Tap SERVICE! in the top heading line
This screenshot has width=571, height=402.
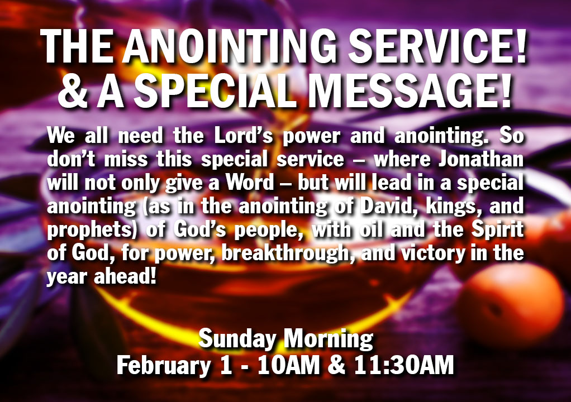437,46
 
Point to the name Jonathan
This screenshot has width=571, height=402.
481,159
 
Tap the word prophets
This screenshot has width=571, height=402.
91,230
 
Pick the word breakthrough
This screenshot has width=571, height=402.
285,253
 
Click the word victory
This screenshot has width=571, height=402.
433,253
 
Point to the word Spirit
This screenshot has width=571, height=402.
498,230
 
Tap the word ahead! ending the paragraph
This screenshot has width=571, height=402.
125,276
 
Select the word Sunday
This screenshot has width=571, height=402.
237,339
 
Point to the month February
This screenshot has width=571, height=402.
164,366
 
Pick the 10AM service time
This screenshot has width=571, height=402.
288,365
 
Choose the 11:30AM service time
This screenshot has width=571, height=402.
404,365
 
